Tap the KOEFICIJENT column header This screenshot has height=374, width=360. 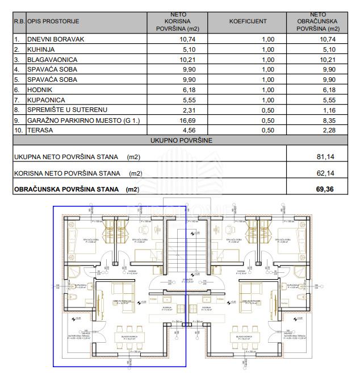coord(248,21)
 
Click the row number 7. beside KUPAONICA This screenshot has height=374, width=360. coord(18,99)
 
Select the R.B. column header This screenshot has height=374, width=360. coord(19,22)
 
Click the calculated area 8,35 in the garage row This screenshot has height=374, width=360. coord(328,120)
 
